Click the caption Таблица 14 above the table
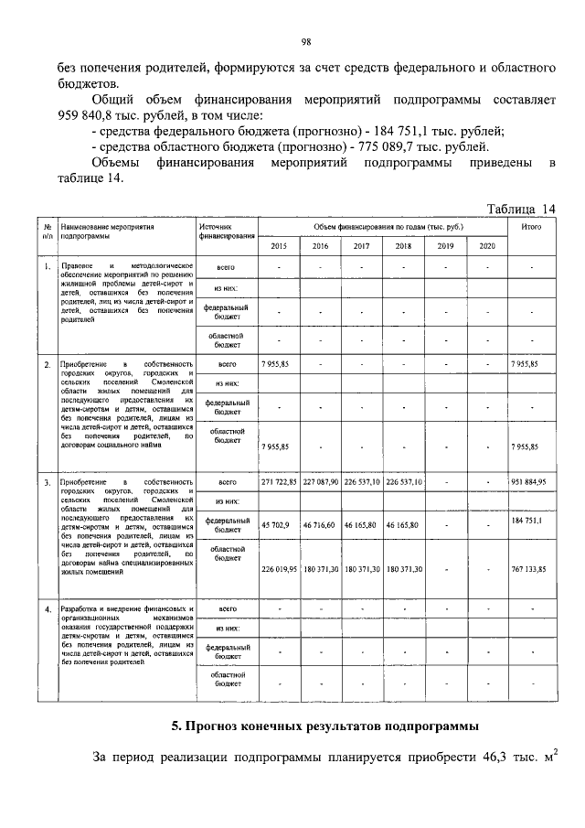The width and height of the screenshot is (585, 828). pyautogui.click(x=521, y=208)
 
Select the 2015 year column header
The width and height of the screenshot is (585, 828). pyautogui.click(x=279, y=246)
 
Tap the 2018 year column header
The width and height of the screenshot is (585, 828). pyautogui.click(x=403, y=246)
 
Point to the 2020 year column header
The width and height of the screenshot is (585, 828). pyautogui.click(x=487, y=246)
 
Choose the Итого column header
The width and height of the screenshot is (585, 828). pyautogui.click(x=531, y=226)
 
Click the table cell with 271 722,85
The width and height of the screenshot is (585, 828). pyautogui.click(x=279, y=481)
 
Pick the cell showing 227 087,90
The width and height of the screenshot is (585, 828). pyautogui.click(x=321, y=481)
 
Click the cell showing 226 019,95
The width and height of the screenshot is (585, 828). pyautogui.click(x=279, y=568)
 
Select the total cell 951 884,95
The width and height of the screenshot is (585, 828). pyautogui.click(x=529, y=481)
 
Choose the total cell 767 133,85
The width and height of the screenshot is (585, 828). pyautogui.click(x=529, y=568)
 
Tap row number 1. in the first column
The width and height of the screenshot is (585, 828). pyautogui.click(x=47, y=267)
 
